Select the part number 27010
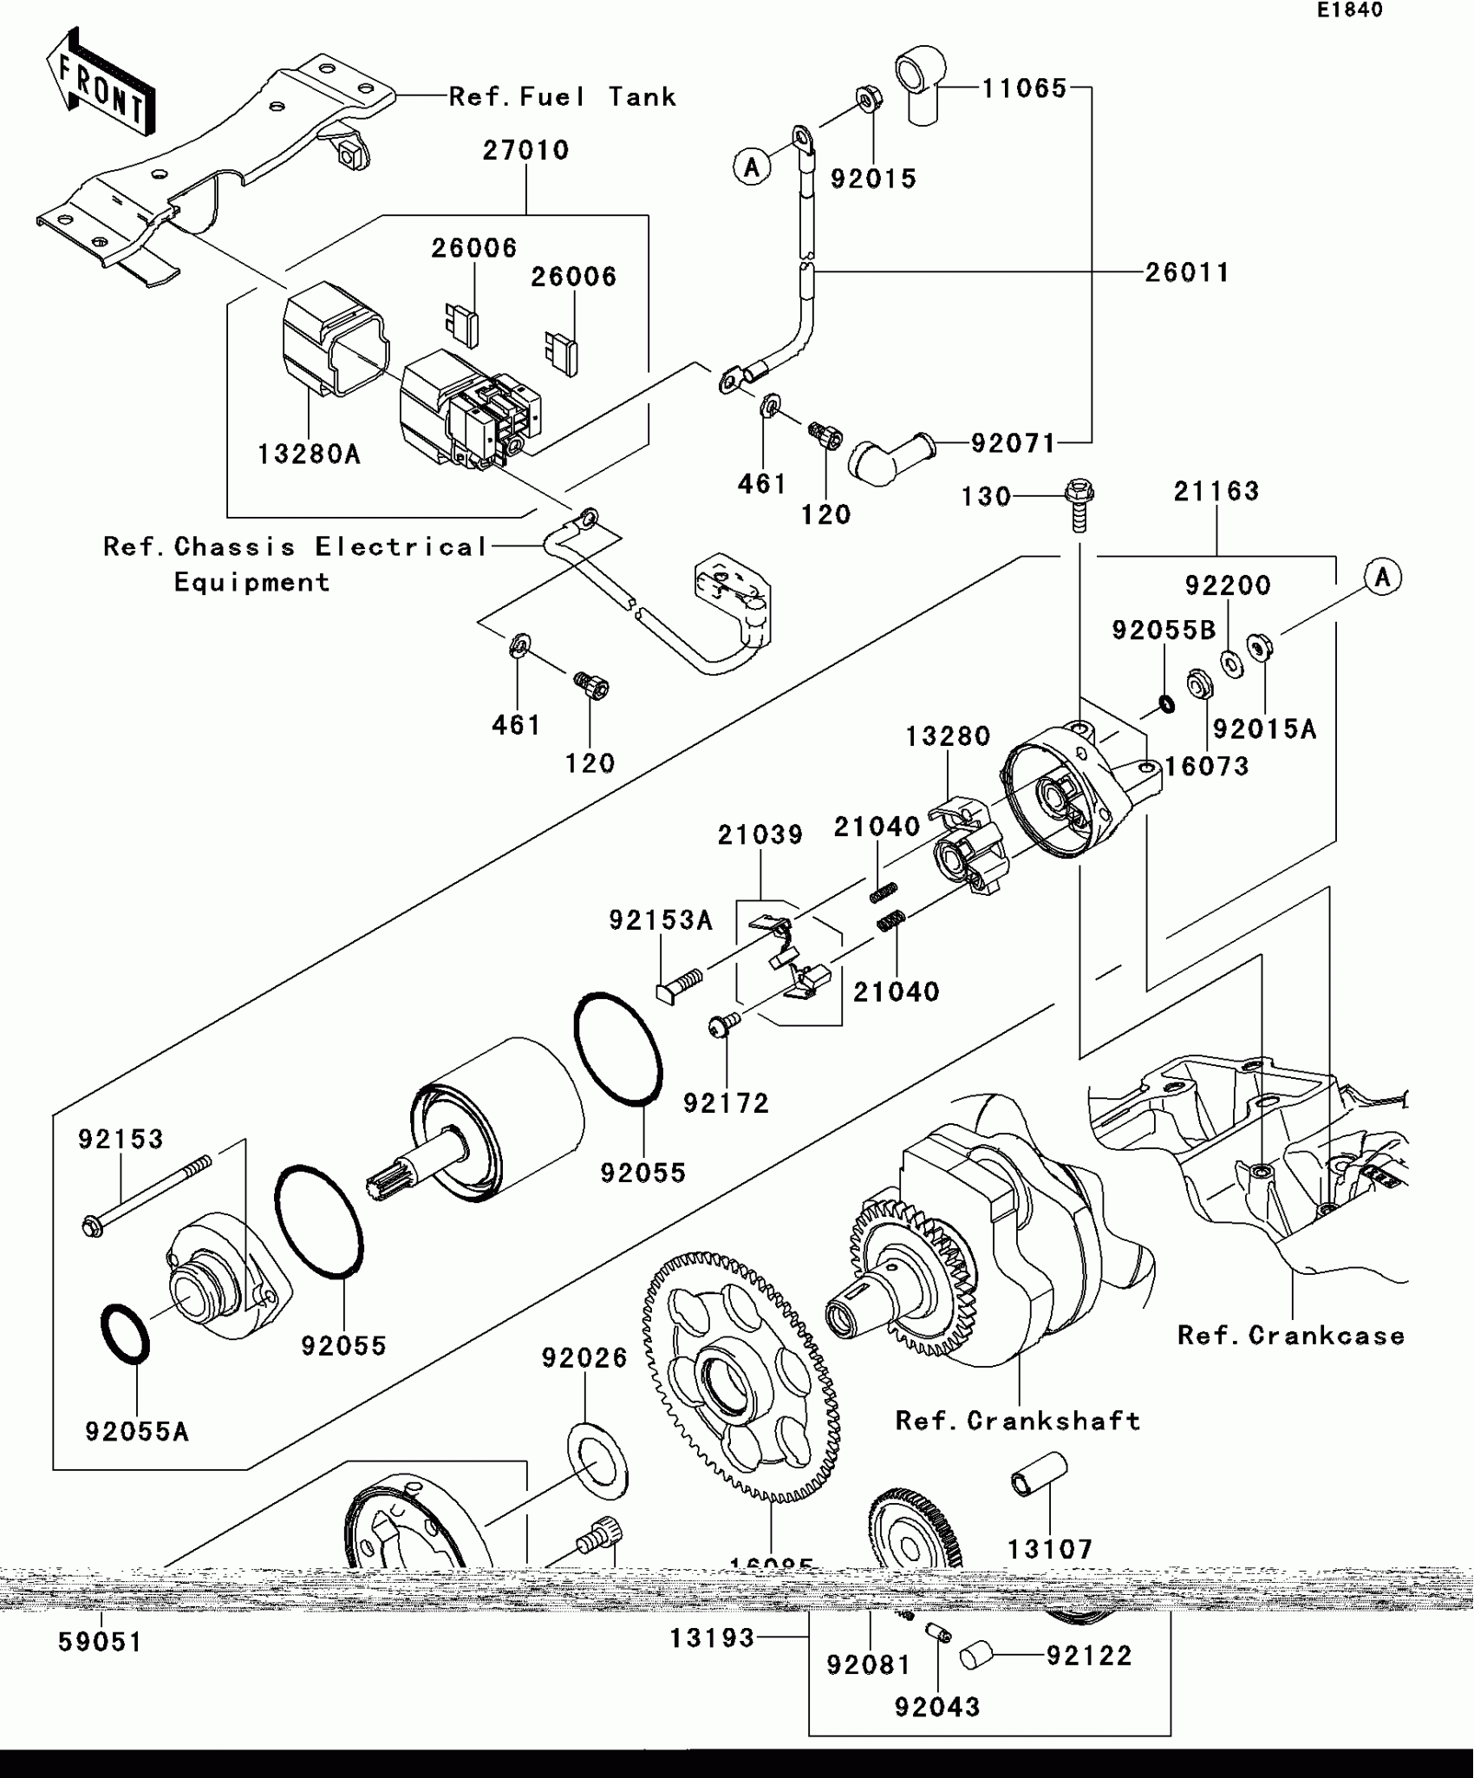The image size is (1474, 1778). [525, 150]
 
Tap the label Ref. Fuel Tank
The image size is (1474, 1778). [562, 96]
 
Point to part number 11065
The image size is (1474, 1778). [1024, 88]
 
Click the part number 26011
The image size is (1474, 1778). [1187, 272]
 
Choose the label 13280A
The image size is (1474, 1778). [309, 454]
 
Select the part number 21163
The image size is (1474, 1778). [1216, 492]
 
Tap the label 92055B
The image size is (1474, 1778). [1164, 631]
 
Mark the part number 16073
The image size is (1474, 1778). [1206, 766]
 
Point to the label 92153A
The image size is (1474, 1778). [661, 919]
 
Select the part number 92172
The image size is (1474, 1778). [726, 1103]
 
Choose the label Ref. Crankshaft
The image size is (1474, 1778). [1018, 1421]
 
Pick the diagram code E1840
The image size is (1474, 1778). [1350, 10]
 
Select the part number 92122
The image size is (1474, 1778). [1089, 1656]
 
